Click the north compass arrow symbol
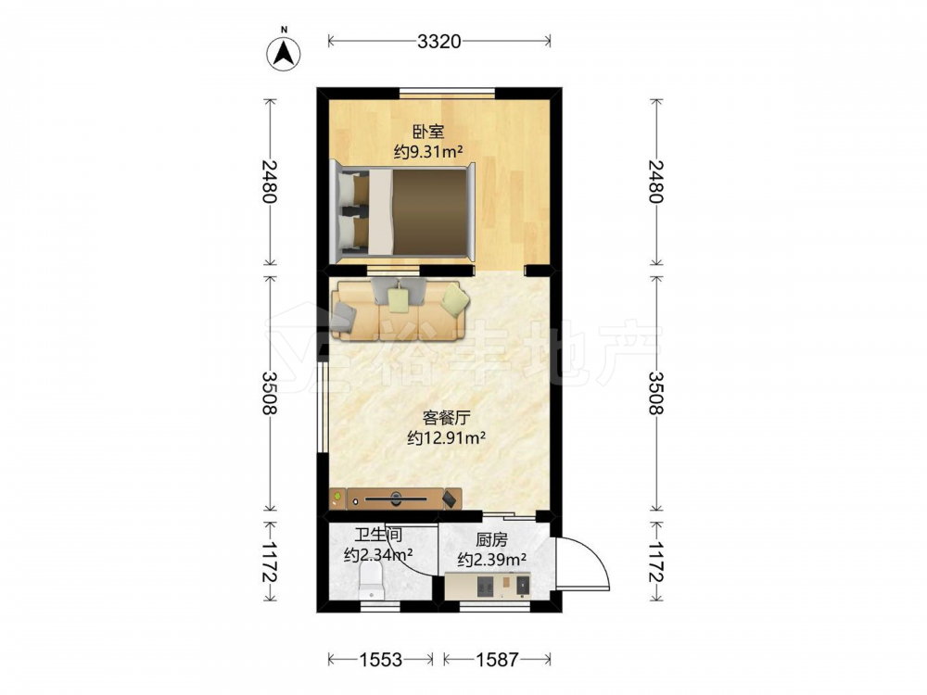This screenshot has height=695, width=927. pyautogui.click(x=285, y=52)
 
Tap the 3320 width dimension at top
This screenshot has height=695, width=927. pyautogui.click(x=438, y=42)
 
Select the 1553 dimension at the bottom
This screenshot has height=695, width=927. pyautogui.click(x=381, y=659)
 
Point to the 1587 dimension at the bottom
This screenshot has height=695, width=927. pyautogui.click(x=497, y=659)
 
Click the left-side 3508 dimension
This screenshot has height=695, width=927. pyautogui.click(x=270, y=393)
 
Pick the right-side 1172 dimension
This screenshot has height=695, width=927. pyautogui.click(x=655, y=562)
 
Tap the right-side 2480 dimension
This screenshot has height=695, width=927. pyautogui.click(x=655, y=182)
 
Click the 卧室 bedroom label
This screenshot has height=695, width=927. pyautogui.click(x=428, y=132)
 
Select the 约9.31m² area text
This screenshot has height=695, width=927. pyautogui.click(x=428, y=152)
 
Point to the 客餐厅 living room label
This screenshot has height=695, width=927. pyautogui.click(x=447, y=418)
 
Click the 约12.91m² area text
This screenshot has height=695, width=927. pyautogui.click(x=447, y=438)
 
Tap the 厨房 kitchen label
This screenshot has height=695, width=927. pyautogui.click(x=492, y=539)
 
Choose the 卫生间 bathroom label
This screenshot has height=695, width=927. pyautogui.click(x=378, y=535)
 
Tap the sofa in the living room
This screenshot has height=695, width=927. pyautogui.click(x=400, y=310)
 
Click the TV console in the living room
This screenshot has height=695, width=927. pyautogui.click(x=396, y=499)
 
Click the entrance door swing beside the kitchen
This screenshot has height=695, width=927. pyautogui.click(x=581, y=562)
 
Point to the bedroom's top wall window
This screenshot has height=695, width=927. pyautogui.click(x=448, y=93)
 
